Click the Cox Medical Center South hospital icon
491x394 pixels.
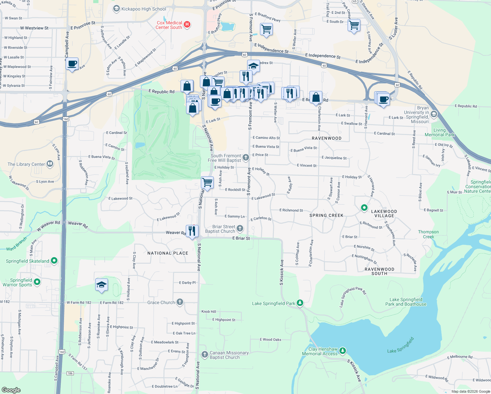coord(187,24)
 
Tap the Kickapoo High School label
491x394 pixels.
coord(143,9)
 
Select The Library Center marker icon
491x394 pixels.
coord(50,164)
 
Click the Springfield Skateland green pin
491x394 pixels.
coord(54,261)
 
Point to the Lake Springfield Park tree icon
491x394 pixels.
coord(300,303)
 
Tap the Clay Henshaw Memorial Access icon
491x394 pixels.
coord(342,351)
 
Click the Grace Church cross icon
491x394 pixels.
coord(180,302)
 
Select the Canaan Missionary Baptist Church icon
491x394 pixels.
coord(204,354)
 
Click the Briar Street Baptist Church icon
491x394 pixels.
coord(240,229)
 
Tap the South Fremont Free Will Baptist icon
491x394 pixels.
coord(246,158)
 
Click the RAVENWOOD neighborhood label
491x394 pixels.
coord(327,138)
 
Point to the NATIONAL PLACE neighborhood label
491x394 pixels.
coord(168,253)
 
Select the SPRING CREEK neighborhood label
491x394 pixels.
coord(326,215)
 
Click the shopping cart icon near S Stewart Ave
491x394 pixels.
coord(354,25)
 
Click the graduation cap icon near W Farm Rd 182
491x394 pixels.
coord(101,284)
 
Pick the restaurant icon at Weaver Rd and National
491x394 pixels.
coord(192,231)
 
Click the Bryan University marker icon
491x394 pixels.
coord(434,114)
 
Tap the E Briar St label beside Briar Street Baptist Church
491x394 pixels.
coord(241,238)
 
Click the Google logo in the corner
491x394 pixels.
coord(11,390)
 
